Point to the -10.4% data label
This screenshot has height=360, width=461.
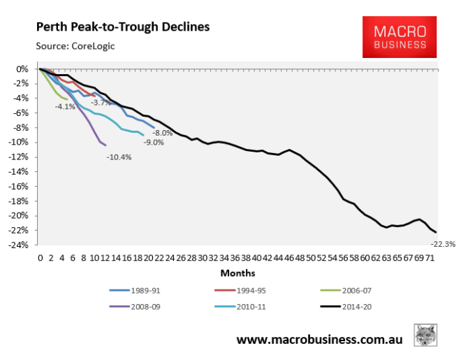pos(119,157)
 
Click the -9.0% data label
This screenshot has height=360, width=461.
pos(154,142)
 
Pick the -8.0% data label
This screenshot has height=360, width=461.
pos(162,132)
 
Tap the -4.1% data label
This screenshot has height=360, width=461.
pos(65,107)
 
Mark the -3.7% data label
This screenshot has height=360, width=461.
pos(101,103)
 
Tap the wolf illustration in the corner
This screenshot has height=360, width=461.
pos(426,334)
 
